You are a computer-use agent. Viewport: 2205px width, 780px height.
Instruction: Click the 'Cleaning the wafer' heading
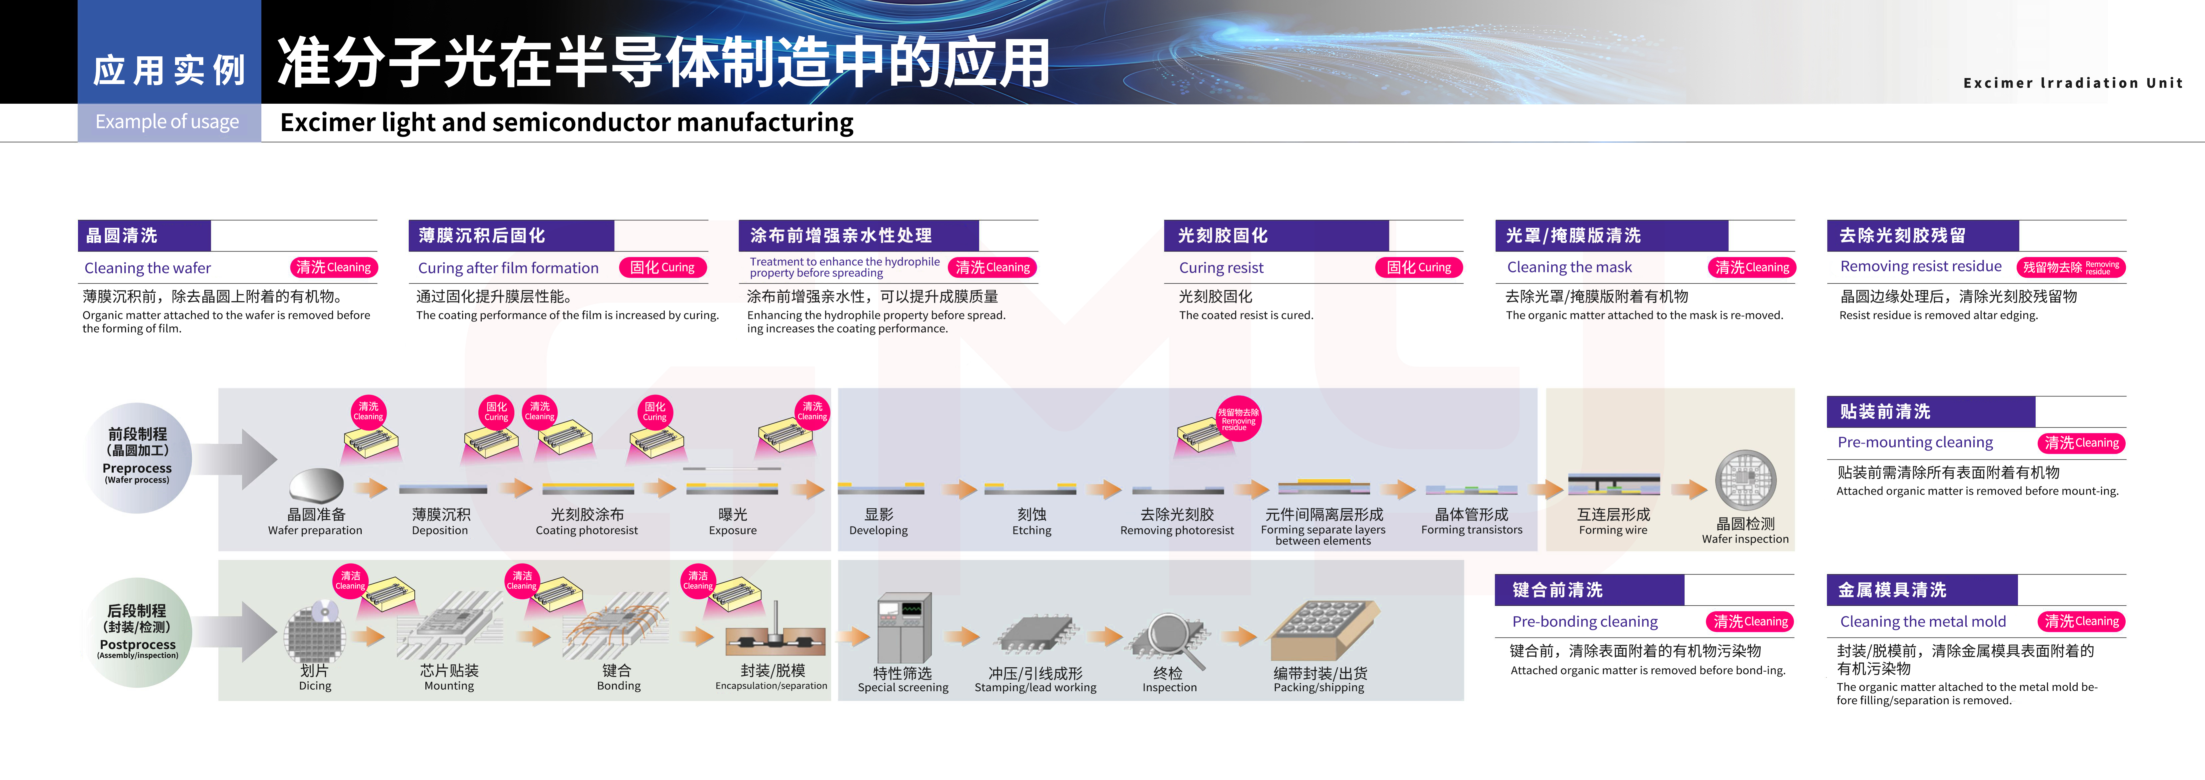147,268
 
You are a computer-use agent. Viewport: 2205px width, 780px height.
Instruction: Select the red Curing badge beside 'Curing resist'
1418,267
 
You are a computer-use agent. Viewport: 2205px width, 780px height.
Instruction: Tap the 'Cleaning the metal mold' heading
1923,622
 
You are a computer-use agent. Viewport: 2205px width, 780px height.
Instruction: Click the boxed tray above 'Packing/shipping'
1323,629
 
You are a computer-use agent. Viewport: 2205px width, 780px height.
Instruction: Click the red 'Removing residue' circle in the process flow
1238,418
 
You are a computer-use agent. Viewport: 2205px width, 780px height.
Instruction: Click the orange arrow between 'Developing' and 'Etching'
959,490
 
